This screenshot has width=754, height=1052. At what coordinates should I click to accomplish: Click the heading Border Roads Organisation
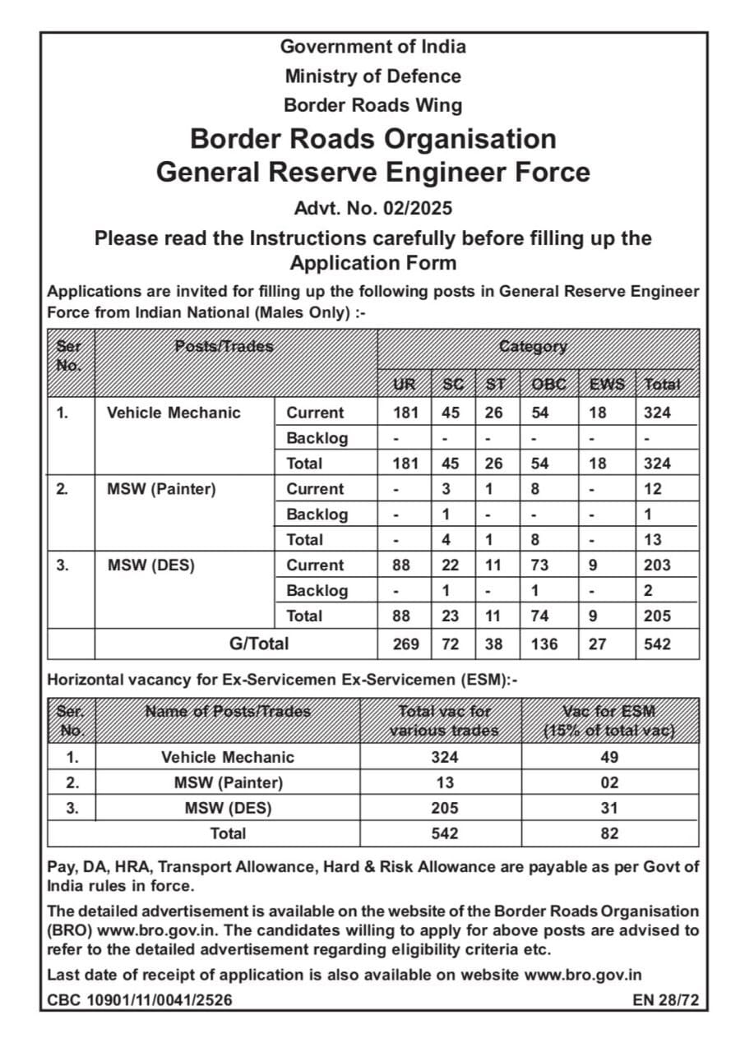click(x=372, y=138)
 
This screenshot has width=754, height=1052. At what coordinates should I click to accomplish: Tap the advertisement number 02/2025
click(x=372, y=208)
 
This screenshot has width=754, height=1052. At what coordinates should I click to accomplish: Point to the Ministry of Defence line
click(x=372, y=76)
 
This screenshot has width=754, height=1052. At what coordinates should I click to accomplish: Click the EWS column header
click(x=607, y=385)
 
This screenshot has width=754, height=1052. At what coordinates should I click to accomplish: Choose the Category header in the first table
click(x=533, y=347)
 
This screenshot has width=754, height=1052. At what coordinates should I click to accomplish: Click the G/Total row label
click(x=258, y=644)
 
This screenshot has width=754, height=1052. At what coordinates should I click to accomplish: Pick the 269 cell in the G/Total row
click(x=405, y=645)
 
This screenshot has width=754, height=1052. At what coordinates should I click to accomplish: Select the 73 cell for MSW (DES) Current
click(x=539, y=565)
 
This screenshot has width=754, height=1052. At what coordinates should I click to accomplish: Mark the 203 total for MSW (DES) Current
click(x=657, y=565)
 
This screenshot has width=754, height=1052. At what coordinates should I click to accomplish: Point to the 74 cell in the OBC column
click(x=539, y=616)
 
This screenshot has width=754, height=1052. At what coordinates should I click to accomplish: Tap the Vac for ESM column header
click(x=609, y=721)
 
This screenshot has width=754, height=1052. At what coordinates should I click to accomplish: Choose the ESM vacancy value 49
click(x=609, y=757)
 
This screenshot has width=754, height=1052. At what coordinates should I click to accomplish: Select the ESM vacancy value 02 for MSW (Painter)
click(x=609, y=782)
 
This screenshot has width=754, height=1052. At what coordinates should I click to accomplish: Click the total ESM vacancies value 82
click(x=609, y=833)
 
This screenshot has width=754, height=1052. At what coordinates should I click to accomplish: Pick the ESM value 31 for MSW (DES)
click(x=609, y=808)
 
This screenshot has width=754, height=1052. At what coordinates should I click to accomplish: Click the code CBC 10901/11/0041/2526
click(x=140, y=1000)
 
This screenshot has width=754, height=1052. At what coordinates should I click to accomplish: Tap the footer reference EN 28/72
click(x=665, y=1000)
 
